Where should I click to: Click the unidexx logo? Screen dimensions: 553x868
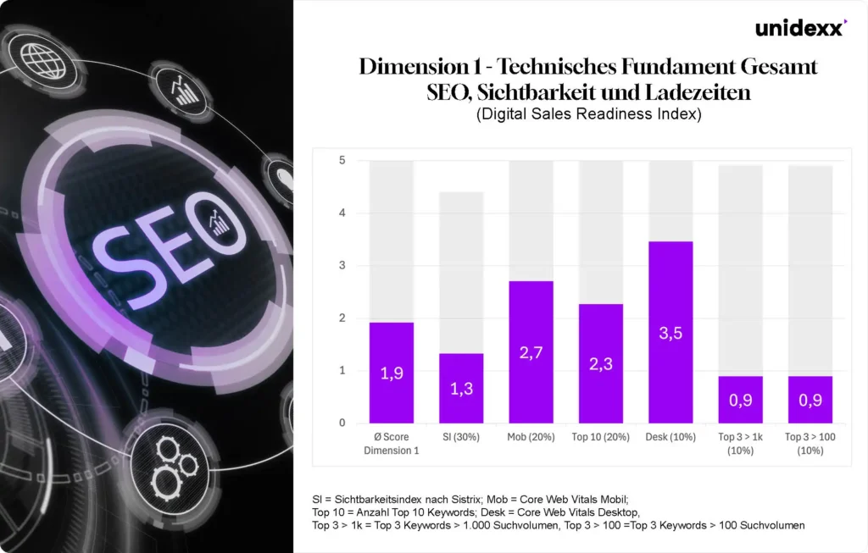pos(800,28)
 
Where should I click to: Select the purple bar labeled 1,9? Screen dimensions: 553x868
pos(392,373)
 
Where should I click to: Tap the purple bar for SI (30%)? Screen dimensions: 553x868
pos(461,388)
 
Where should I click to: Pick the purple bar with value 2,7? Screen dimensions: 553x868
pos(531,351)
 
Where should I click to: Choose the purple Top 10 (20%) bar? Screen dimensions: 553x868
pos(601,363)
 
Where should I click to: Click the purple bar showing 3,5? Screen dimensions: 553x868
pos(670,332)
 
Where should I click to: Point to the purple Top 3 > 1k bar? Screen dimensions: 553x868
pos(740,400)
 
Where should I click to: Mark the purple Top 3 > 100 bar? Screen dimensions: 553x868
pos(810,400)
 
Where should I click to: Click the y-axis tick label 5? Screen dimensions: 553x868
pos(342,160)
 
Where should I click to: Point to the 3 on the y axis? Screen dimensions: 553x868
pos(342,266)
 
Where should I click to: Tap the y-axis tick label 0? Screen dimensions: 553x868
pos(342,423)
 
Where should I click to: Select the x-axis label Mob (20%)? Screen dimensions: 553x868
pos(531,437)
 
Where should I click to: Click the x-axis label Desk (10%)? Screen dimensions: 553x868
pos(670,437)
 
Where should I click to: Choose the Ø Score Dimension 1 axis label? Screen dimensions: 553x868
pos(392,444)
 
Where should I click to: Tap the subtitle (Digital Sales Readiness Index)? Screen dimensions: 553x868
pos(589,115)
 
